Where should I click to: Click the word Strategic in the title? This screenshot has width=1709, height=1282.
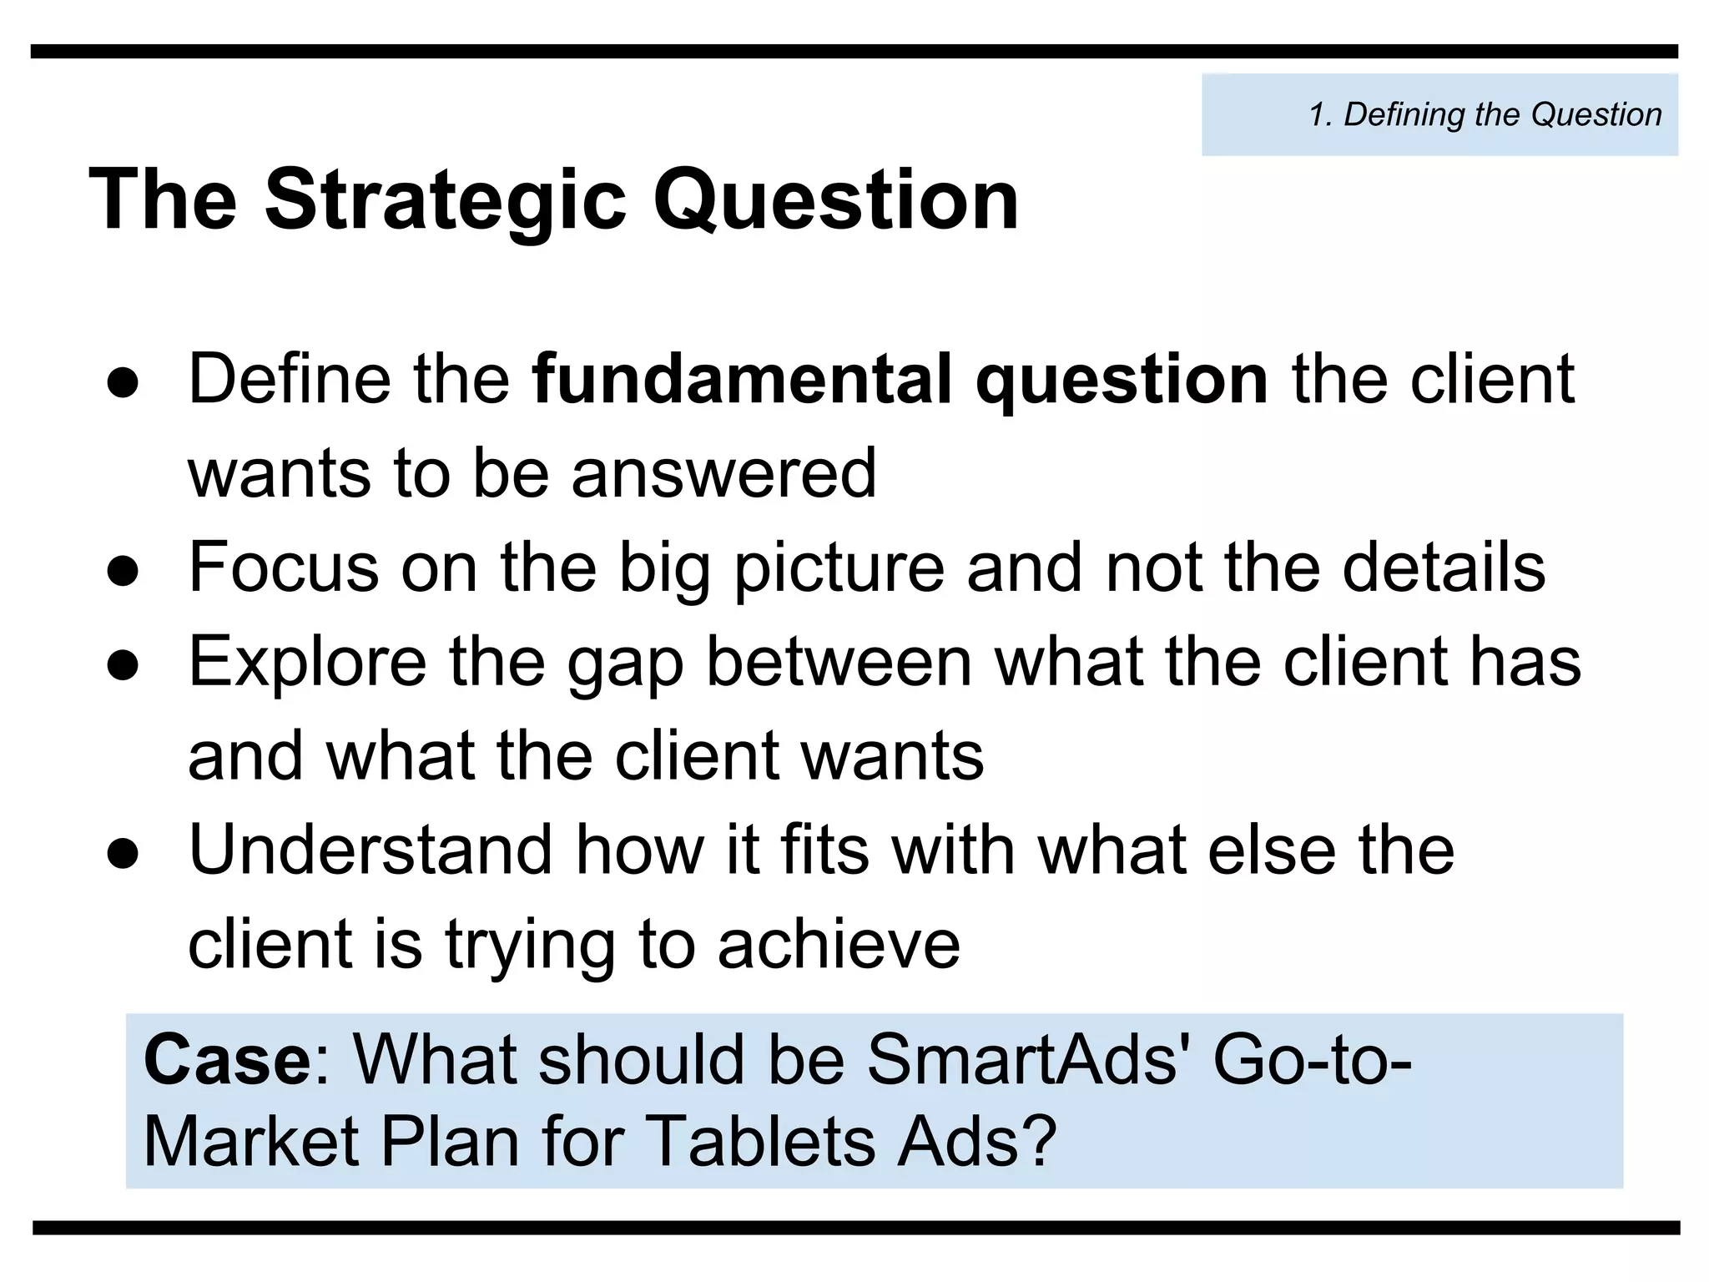[x=445, y=200]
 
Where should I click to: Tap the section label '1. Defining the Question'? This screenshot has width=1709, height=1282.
[x=1485, y=114]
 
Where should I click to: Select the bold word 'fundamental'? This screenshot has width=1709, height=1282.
[x=742, y=380]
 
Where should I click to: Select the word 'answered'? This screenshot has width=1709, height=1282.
[x=723, y=474]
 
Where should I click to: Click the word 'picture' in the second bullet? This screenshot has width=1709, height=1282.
[x=839, y=569]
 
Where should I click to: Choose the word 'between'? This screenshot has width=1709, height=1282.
[x=839, y=662]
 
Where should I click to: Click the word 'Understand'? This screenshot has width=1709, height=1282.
[x=371, y=850]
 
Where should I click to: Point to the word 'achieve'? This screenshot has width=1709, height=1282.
[x=839, y=945]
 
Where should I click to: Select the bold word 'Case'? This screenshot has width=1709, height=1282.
[x=227, y=1061]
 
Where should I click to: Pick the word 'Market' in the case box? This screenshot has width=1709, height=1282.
[x=251, y=1142]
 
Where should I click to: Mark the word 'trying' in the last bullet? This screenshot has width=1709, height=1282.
[x=530, y=946]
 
